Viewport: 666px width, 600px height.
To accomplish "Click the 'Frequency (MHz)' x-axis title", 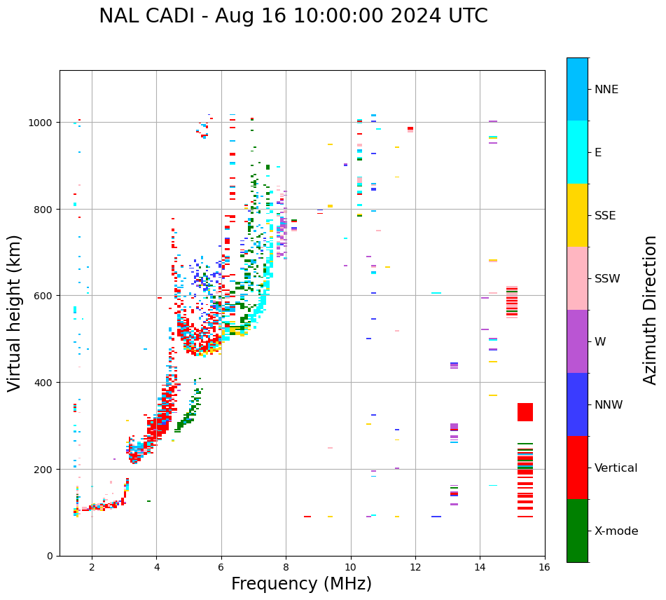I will [301, 584].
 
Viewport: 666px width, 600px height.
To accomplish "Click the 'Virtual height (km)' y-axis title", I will [15, 313].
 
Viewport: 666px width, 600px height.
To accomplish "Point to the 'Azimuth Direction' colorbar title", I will [651, 310].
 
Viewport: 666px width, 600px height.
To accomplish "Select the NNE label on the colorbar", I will [606, 90].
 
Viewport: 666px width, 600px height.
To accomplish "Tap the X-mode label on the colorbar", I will [616, 531].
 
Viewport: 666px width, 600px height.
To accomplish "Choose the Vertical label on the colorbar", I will [616, 468].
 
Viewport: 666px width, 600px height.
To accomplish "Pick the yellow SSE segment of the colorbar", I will [577, 215].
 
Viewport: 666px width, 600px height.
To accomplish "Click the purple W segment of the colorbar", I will [577, 341].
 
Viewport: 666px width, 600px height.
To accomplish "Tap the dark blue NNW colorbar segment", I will [577, 404].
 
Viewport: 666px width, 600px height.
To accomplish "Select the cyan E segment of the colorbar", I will [577, 152].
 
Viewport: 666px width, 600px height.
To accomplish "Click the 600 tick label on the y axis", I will [45, 296].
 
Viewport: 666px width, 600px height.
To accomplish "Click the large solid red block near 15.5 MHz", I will [525, 412].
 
